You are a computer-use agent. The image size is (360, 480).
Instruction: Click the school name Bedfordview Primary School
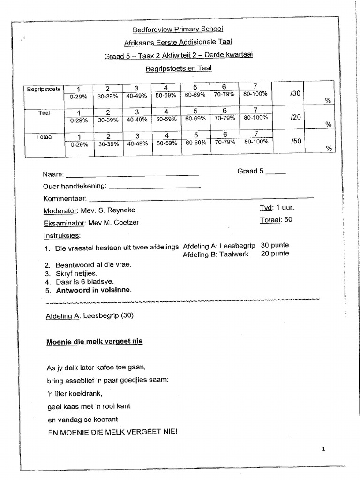(x=178, y=30)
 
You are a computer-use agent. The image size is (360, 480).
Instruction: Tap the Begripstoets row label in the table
(x=44, y=89)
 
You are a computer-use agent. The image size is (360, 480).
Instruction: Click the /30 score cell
(x=295, y=93)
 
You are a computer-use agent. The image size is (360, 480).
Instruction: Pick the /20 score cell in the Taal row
(x=295, y=117)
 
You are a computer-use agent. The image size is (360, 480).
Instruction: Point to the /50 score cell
(x=295, y=141)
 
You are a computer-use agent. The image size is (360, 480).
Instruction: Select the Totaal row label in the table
(x=44, y=137)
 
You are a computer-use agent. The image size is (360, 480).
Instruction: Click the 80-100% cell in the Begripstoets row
(x=255, y=94)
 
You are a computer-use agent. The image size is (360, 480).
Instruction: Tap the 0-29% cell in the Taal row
(x=78, y=120)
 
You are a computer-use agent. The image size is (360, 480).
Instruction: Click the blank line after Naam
(x=132, y=175)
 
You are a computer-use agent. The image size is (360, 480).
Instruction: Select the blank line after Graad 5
(x=275, y=172)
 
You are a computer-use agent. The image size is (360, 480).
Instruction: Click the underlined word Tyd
(x=266, y=208)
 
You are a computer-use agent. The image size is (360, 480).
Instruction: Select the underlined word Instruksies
(x=62, y=235)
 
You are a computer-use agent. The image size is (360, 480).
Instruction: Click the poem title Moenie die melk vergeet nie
(x=94, y=342)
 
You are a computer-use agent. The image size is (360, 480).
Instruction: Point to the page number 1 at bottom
(x=324, y=450)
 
